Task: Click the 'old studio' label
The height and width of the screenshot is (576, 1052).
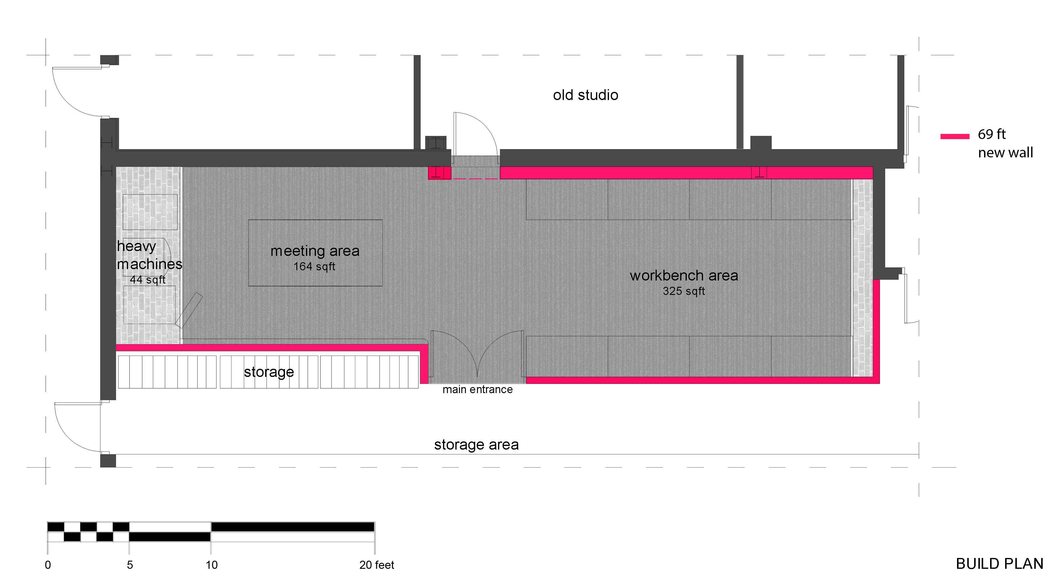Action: pos(585,95)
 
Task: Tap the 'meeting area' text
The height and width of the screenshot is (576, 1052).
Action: pos(315,251)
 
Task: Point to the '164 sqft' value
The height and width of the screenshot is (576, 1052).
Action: pos(314,266)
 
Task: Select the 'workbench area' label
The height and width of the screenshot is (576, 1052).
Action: pos(683,276)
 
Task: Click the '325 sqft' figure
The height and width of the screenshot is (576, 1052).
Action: pos(683,291)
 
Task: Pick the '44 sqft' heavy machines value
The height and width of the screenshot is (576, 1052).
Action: pos(147,280)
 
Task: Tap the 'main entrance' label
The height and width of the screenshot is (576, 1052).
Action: pos(477,390)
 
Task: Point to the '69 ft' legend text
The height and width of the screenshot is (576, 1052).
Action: pos(992,134)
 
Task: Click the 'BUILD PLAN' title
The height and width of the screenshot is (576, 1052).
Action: pos(999,564)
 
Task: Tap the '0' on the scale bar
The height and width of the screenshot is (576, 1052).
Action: pos(48,565)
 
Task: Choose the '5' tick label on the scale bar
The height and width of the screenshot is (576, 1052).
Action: pos(130,565)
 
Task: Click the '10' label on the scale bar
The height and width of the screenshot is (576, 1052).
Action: pos(212,565)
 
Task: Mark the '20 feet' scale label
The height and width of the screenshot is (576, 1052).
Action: pos(377,565)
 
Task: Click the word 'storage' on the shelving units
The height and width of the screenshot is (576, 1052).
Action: pos(269,372)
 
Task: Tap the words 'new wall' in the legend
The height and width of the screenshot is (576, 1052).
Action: pos(1005,153)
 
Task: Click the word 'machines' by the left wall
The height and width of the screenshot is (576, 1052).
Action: pos(149,264)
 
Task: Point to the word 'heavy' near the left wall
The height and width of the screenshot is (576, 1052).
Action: pos(136,246)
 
